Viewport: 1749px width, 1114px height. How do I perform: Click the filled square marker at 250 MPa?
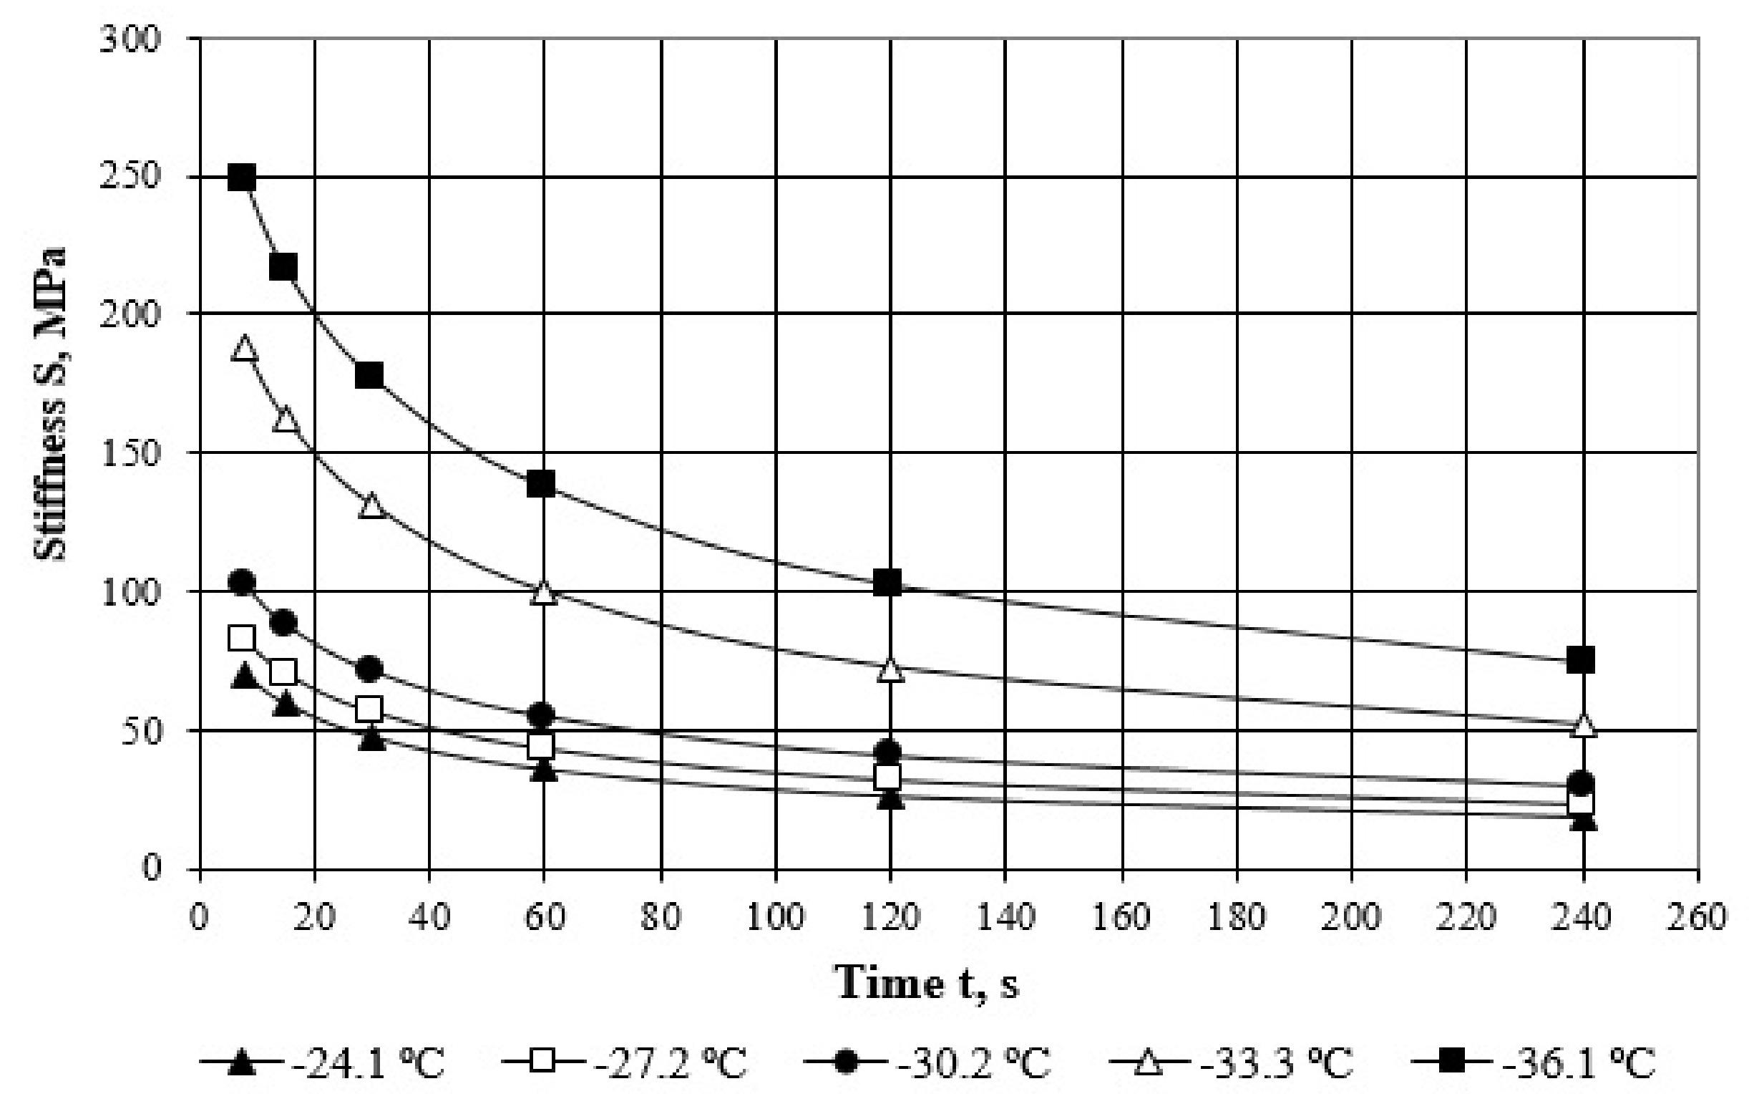[242, 177]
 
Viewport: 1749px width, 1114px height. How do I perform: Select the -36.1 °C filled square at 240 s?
[1581, 660]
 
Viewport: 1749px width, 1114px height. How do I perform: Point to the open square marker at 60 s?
[541, 745]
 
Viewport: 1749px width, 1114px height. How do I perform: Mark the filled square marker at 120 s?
[887, 582]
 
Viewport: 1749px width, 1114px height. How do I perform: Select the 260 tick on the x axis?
[1698, 917]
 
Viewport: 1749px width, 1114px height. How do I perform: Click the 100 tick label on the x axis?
[776, 917]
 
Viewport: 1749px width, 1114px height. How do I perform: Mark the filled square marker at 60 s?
[541, 483]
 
